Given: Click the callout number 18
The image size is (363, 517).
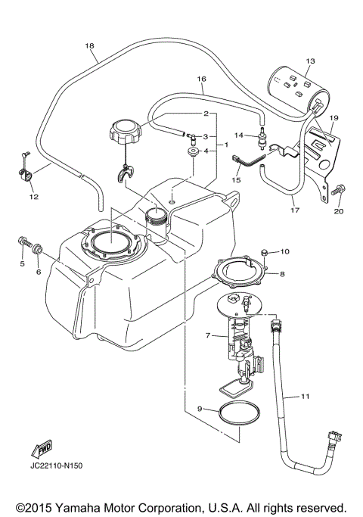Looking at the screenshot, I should (90, 46).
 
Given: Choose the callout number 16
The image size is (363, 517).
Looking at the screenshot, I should (201, 79).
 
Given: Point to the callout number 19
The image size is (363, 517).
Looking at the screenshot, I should (334, 118).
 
